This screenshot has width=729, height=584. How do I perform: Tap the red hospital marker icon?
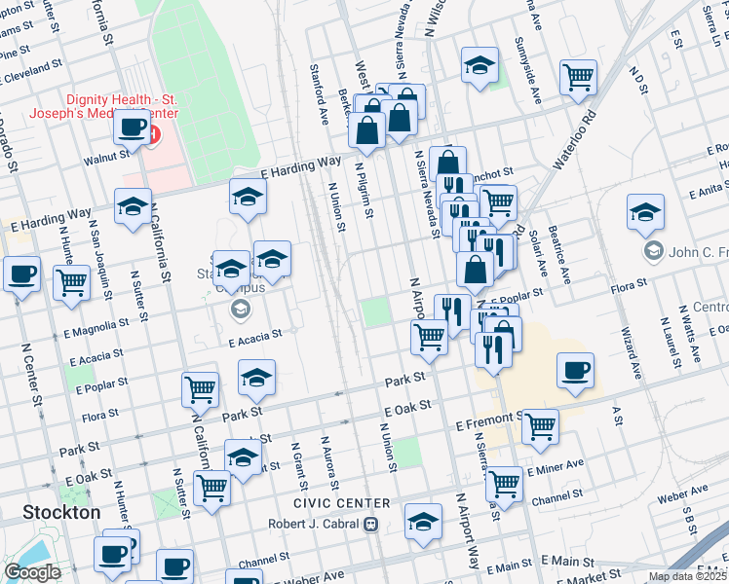point(152,132)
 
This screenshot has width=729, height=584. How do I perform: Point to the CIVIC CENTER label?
point(341,503)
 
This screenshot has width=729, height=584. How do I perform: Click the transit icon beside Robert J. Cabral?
point(370,525)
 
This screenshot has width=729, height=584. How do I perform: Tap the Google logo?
point(32,572)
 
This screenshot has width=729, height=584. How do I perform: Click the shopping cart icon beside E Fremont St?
point(540,425)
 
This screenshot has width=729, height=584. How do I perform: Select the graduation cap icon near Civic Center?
point(423,521)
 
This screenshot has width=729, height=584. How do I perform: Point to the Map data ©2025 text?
point(687,576)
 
